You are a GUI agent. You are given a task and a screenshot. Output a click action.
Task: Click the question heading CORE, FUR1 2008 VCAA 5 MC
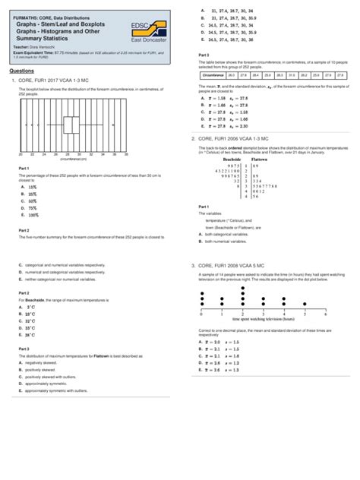(238, 265)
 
